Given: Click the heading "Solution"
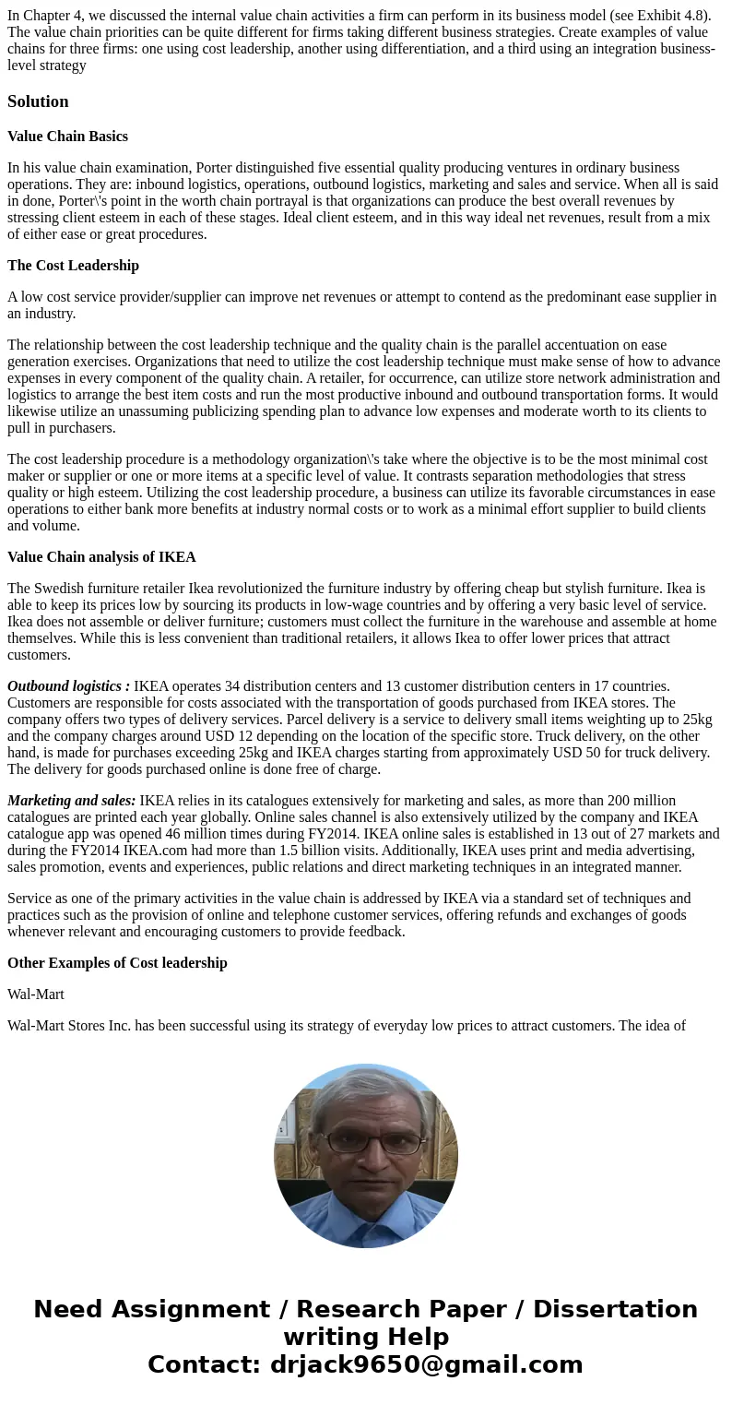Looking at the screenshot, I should click(x=38, y=101).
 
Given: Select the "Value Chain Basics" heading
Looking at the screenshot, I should click(x=67, y=137).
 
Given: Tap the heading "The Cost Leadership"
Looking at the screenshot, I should click(x=73, y=266).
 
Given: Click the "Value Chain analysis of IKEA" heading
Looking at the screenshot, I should click(x=101, y=557).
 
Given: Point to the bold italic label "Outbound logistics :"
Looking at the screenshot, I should click(x=68, y=686).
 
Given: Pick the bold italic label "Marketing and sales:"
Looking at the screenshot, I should click(x=71, y=801).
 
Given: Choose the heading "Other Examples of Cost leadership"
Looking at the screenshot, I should click(x=117, y=963).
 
